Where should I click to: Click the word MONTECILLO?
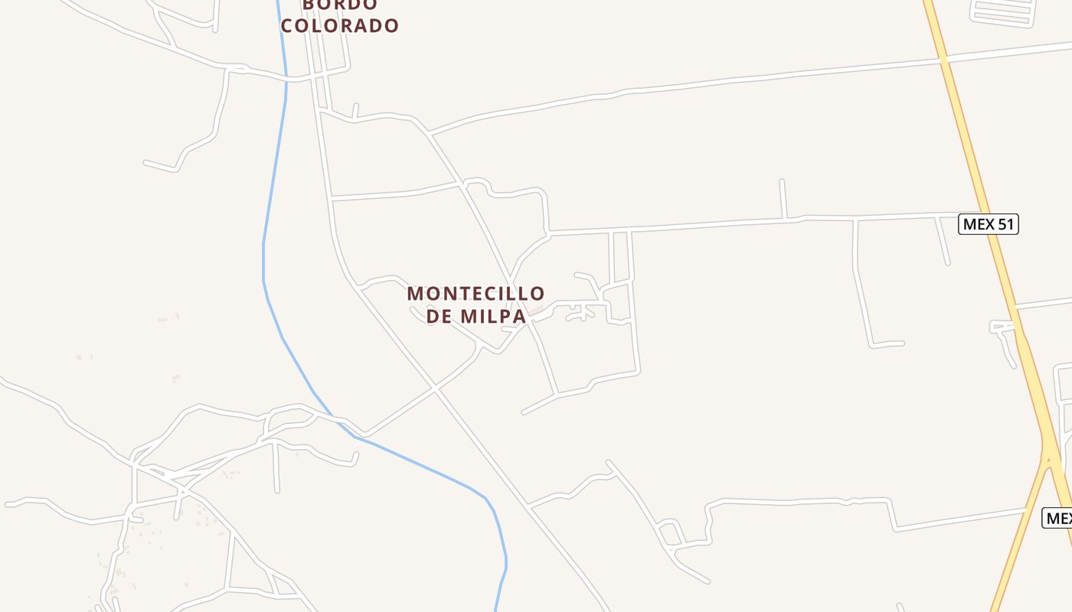476,293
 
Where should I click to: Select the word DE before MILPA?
440,316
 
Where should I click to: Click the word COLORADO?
340,25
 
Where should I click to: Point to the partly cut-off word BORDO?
340,5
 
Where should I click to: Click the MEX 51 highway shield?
989,224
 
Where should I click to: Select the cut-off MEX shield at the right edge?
1058,518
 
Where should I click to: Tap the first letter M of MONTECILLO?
414,293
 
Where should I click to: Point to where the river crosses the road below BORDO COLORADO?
286,76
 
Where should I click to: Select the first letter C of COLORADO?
288,25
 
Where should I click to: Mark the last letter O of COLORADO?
391,25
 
